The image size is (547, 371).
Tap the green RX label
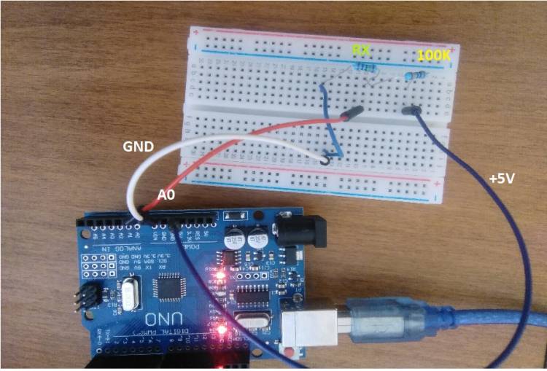coord(361,50)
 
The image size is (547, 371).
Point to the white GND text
coord(137,147)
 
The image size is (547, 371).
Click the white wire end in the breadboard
coord(326,157)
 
